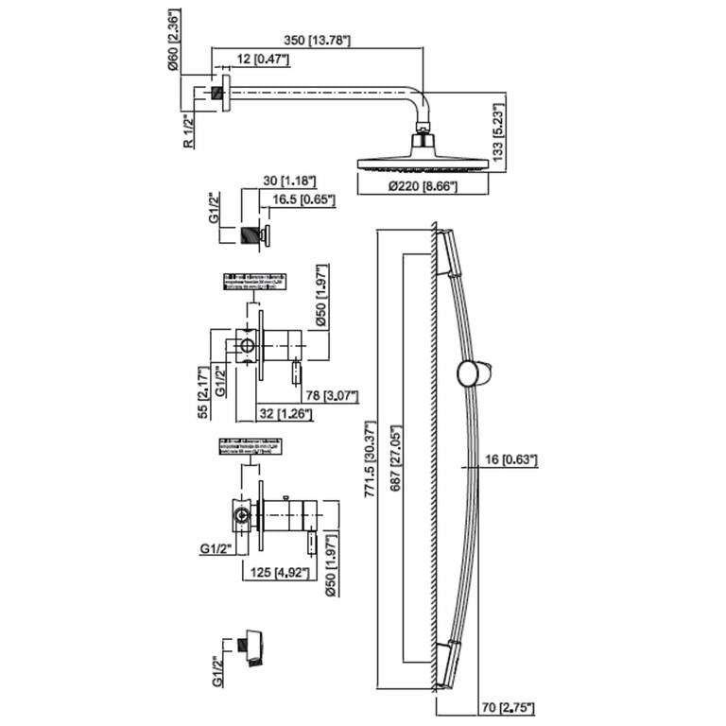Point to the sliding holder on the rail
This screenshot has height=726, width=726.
pos(469,372)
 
